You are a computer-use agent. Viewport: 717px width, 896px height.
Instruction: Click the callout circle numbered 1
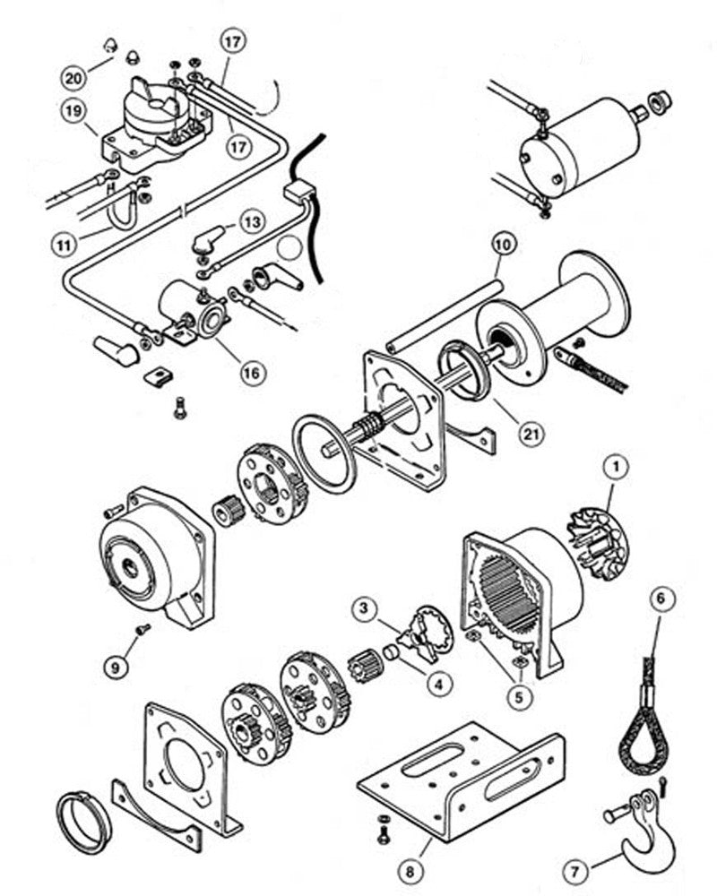tap(616, 466)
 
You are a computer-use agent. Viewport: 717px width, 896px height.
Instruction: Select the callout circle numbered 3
tap(364, 610)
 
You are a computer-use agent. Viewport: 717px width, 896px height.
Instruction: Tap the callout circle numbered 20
tap(73, 78)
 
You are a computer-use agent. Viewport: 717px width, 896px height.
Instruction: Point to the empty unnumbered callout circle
tap(289, 250)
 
